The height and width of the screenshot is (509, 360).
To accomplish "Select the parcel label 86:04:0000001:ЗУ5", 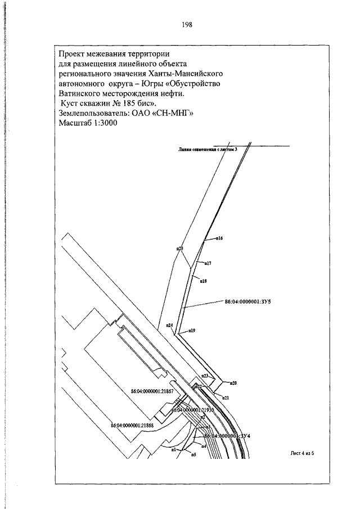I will coord(247,302).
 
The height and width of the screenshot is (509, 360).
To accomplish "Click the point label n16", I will coord(220,238).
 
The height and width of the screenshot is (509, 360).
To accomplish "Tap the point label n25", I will coord(180,248).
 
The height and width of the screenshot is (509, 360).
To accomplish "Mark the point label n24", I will coord(169,325).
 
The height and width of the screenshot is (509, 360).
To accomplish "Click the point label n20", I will coord(233,383).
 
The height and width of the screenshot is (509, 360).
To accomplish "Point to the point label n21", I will coord(225,398).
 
